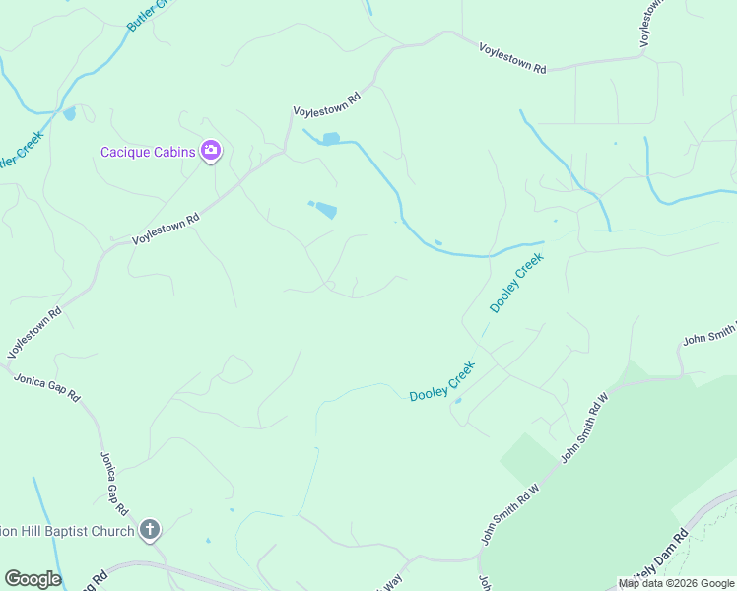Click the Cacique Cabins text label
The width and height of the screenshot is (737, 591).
click(x=148, y=152)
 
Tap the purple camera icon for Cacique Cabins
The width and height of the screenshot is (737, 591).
click(x=210, y=151)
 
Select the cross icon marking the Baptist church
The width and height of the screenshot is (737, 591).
click(x=149, y=531)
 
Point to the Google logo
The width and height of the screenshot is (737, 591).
click(x=33, y=579)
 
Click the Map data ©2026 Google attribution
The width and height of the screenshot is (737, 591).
click(x=676, y=583)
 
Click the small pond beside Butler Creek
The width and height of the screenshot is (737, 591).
click(x=69, y=113)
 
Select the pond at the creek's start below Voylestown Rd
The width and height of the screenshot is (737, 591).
click(x=331, y=138)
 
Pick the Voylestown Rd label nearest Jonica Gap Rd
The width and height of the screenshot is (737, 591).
click(x=34, y=334)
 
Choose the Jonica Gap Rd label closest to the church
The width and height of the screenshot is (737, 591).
click(x=113, y=484)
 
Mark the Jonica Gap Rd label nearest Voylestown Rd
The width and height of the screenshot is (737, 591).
click(x=46, y=386)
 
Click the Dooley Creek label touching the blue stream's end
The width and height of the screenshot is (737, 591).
click(x=516, y=284)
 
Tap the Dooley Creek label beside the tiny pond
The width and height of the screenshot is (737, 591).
click(x=442, y=380)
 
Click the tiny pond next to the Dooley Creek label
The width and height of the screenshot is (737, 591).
click(x=457, y=400)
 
